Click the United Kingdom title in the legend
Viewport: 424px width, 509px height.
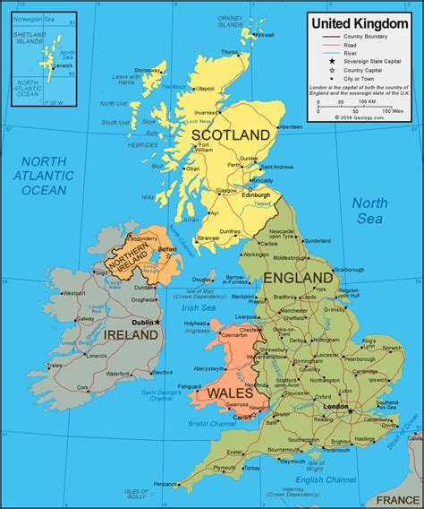pyautogui.click(x=360, y=21)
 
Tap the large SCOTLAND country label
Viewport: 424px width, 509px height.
pyautogui.click(x=231, y=134)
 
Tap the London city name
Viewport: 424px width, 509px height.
pyautogui.click(x=335, y=406)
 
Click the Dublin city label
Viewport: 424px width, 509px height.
pyautogui.click(x=141, y=321)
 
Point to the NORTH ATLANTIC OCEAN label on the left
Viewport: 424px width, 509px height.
pyautogui.click(x=42, y=176)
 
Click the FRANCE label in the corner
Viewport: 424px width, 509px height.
pyautogui.click(x=396, y=499)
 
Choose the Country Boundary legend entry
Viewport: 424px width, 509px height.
pyautogui.click(x=366, y=36)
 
